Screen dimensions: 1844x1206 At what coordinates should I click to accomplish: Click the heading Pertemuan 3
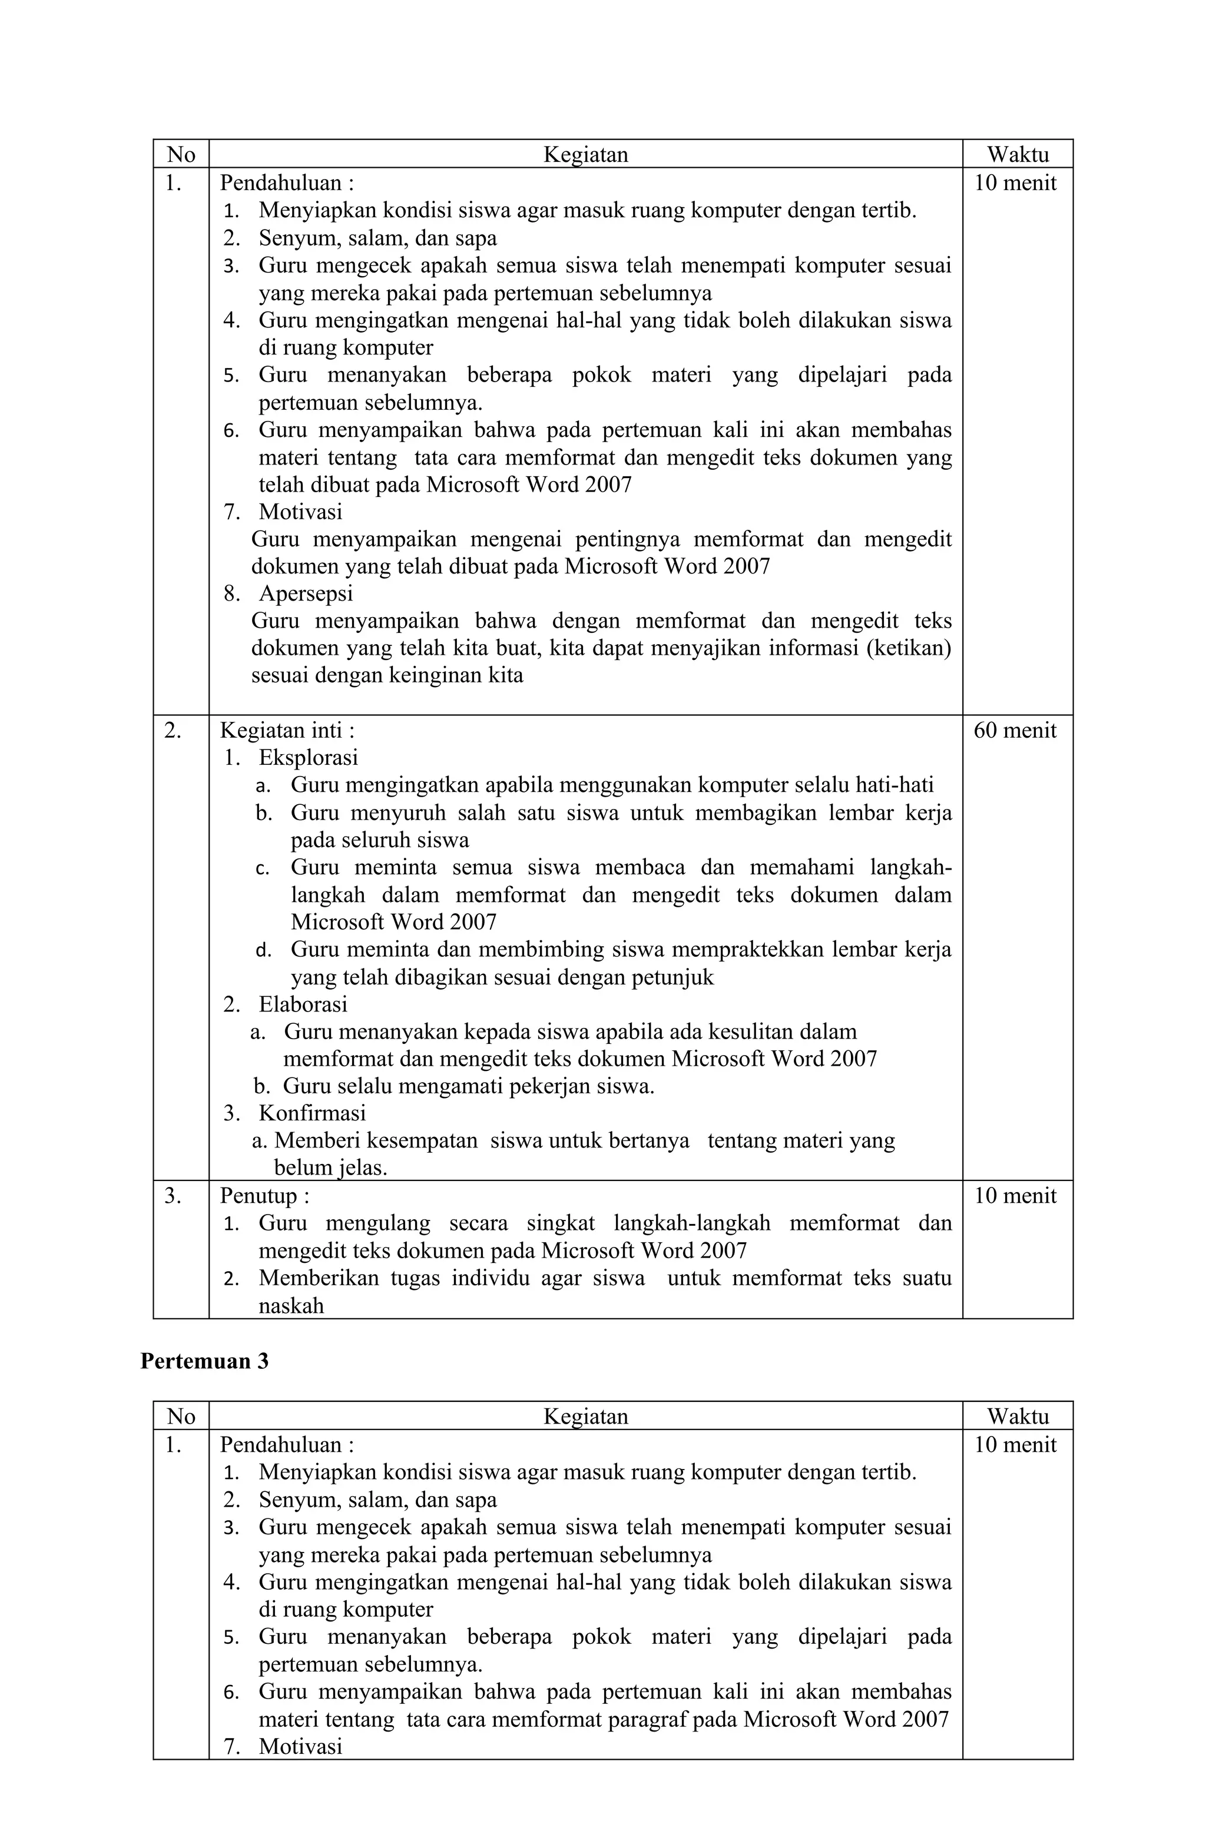[204, 1361]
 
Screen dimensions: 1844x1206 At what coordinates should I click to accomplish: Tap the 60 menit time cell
[1015, 730]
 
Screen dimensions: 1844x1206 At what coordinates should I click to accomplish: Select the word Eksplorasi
[308, 757]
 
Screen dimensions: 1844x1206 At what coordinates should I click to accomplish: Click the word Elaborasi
[302, 1004]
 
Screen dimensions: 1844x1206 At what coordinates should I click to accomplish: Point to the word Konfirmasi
[312, 1113]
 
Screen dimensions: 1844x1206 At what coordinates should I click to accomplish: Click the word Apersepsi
[306, 593]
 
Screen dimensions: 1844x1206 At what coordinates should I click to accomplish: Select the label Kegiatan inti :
[287, 730]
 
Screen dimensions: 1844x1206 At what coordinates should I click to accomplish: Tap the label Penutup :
[264, 1196]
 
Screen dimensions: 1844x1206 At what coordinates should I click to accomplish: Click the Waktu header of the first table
[1017, 155]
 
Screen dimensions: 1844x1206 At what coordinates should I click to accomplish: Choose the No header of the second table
[181, 1417]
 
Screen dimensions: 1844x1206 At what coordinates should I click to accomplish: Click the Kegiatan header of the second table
[585, 1417]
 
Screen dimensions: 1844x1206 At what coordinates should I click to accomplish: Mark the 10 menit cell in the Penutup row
[1015, 1196]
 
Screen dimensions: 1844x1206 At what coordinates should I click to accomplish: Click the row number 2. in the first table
[173, 730]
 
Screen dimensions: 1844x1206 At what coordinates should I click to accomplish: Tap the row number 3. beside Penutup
[173, 1196]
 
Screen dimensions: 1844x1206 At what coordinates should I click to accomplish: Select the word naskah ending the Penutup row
[291, 1305]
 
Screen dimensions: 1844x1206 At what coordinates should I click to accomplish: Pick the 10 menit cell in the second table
[1015, 1444]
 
